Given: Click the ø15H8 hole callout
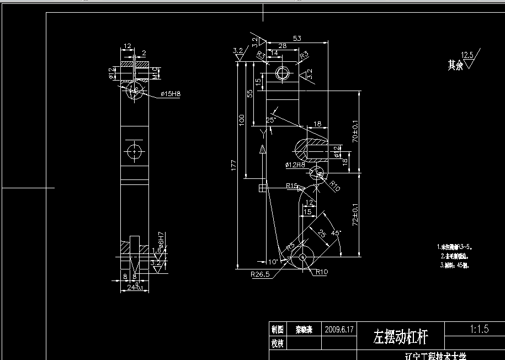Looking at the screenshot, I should click(171, 94).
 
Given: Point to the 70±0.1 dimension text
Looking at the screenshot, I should click(355, 133).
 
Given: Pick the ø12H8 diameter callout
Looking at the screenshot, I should click(295, 165).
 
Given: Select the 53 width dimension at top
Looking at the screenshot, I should click(297, 39).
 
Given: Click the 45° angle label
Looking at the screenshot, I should click(336, 233).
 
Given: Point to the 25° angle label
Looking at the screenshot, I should click(270, 120).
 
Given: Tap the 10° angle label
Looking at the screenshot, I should click(273, 262).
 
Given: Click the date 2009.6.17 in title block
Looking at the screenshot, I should click(340, 329).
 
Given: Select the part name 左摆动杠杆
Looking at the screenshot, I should click(400, 335).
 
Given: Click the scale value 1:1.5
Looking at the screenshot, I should click(479, 329).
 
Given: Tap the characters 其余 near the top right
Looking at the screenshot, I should click(455, 66).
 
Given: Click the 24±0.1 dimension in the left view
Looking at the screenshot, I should click(135, 288).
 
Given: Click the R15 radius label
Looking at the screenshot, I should click(292, 186).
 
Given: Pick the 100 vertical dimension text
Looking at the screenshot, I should click(241, 120).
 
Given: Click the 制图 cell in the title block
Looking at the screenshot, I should click(277, 329).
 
